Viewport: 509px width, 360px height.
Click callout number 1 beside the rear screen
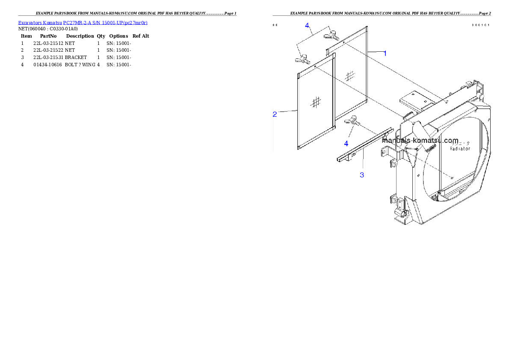(385, 53)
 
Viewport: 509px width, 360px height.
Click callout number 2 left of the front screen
(275, 114)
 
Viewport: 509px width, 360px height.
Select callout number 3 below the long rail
(362, 175)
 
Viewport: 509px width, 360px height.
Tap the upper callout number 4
(307, 26)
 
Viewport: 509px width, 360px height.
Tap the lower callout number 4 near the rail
(346, 144)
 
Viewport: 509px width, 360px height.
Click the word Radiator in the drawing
(460, 149)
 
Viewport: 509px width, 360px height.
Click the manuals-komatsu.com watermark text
(420, 140)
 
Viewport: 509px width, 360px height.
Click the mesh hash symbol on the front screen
(316, 102)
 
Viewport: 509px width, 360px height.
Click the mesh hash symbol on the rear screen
(350, 76)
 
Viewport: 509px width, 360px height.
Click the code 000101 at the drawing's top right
(480, 25)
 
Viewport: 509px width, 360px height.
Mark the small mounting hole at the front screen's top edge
(314, 66)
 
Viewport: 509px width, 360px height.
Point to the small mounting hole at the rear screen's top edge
(343, 43)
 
